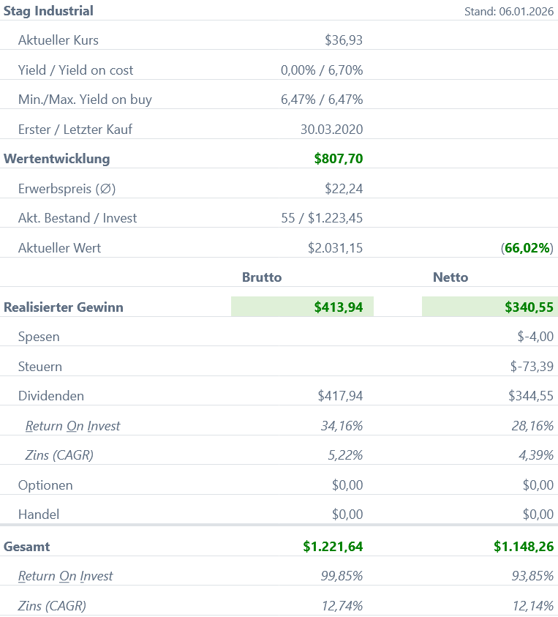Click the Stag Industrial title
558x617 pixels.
pyautogui.click(x=49, y=11)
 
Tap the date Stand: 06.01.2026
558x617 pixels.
pyautogui.click(x=509, y=12)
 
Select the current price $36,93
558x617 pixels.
pyautogui.click(x=344, y=40)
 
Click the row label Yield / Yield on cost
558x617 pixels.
pyautogui.click(x=76, y=70)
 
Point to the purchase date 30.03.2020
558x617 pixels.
pyautogui.click(x=331, y=130)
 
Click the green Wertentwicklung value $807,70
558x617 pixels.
pyautogui.click(x=339, y=159)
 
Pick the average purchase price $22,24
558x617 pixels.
pyautogui.click(x=344, y=189)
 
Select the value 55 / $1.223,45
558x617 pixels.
pyautogui.click(x=322, y=218)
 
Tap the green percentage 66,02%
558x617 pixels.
pyautogui.click(x=527, y=248)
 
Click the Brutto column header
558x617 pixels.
pyautogui.click(x=262, y=277)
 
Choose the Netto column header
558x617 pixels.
pyautogui.click(x=450, y=277)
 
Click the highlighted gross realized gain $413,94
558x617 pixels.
pyautogui.click(x=339, y=307)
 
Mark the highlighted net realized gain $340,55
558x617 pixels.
pyautogui.click(x=529, y=307)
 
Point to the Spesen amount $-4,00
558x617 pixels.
pyautogui.click(x=535, y=337)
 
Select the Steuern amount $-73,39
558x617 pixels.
pyautogui.click(x=532, y=367)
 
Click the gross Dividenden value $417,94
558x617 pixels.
pyautogui.click(x=340, y=396)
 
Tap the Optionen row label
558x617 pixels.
pyautogui.click(x=45, y=485)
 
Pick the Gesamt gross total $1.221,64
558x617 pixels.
pyautogui.click(x=333, y=546)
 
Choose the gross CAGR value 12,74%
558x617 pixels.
pyautogui.click(x=342, y=605)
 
